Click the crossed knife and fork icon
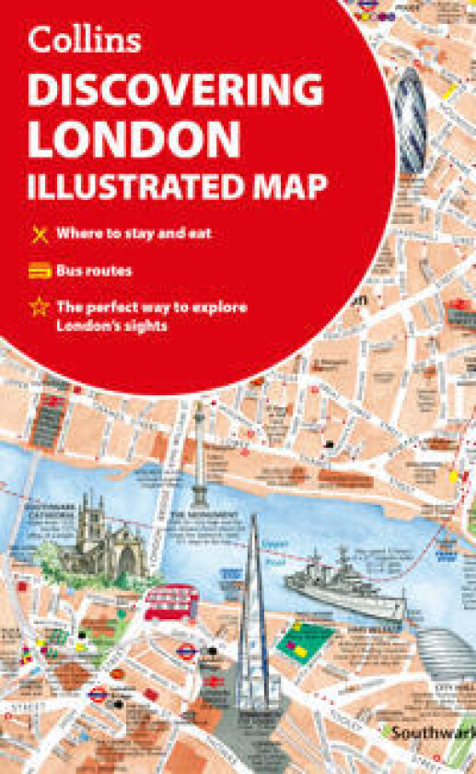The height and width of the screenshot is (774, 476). pos(39,234)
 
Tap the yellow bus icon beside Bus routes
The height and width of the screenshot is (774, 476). pos(39,272)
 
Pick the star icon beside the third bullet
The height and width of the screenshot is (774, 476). pos(39,308)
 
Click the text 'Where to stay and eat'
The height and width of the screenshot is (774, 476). pos(134,233)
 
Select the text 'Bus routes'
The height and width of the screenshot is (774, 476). pos(94,271)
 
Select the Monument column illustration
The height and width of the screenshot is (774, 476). pos(200,461)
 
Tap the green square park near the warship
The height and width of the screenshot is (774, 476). pos(304,641)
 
